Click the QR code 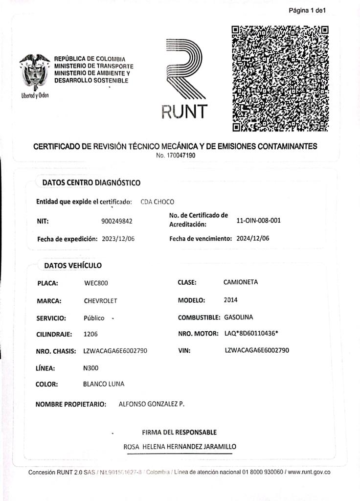[280, 78]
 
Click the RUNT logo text [184, 112]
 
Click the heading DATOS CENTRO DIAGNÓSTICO [91, 182]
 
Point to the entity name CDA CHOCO [157, 202]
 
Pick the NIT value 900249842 [116, 221]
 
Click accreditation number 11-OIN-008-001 [258, 220]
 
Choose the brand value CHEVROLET [100, 301]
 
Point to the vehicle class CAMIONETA [240, 282]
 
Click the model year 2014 [230, 300]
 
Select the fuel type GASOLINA [239, 318]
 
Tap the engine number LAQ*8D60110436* [251, 333]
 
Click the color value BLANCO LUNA [104, 384]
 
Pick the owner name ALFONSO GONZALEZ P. [152, 404]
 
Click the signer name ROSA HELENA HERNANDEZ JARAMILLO [180, 447]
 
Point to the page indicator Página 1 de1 [307, 10]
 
